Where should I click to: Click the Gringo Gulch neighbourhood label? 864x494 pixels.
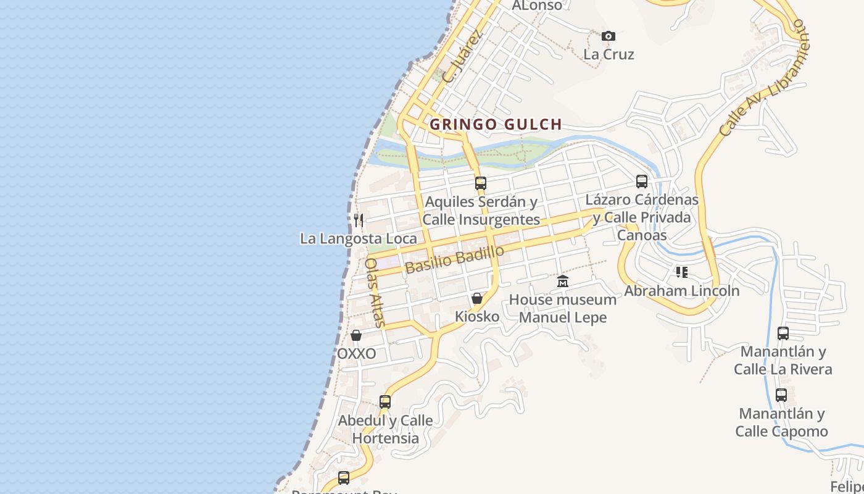(496, 124)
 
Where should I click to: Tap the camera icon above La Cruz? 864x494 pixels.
(609, 36)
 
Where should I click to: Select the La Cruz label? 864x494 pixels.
(609, 54)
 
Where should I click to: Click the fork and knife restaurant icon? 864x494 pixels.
(358, 220)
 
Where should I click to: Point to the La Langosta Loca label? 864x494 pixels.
(358, 238)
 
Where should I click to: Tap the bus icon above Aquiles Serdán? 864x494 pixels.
(481, 183)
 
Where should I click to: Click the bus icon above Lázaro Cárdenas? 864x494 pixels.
(642, 182)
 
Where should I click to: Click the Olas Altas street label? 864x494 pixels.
(375, 292)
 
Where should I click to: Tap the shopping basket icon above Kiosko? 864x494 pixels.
(477, 299)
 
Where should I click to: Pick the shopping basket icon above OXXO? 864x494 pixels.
(356, 336)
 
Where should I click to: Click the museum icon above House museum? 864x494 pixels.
(563, 282)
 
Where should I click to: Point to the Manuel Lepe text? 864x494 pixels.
(563, 317)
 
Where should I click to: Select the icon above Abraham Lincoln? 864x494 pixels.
(682, 272)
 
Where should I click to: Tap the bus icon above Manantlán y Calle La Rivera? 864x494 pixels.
(783, 333)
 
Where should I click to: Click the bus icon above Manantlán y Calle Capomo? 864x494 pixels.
(781, 395)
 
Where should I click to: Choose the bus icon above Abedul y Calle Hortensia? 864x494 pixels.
(385, 402)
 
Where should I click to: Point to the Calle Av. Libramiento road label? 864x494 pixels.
(763, 79)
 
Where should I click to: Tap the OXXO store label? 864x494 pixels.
(356, 354)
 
